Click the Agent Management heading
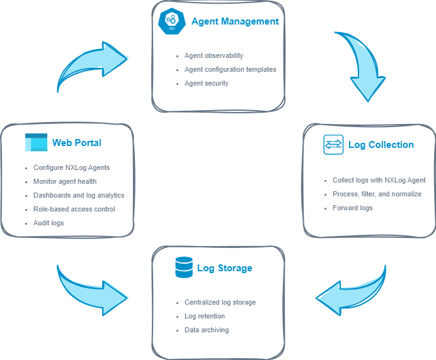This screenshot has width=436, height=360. pyautogui.click(x=234, y=21)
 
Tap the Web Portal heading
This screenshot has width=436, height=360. pyautogui.click(x=76, y=143)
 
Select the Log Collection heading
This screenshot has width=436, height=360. pyautogui.click(x=381, y=145)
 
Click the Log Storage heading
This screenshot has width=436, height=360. pyautogui.click(x=224, y=268)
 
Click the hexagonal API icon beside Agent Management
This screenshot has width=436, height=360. pyautogui.click(x=170, y=21)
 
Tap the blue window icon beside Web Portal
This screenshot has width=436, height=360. pyautogui.click(x=36, y=143)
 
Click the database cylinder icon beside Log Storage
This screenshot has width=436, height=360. pyautogui.click(x=183, y=268)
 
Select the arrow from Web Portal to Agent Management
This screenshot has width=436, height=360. pyautogui.click(x=91, y=64)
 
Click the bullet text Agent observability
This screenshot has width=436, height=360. pyautogui.click(x=214, y=55)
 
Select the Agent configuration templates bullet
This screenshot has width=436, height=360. pyautogui.click(x=230, y=69)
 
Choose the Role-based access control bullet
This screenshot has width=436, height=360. pyautogui.click(x=74, y=209)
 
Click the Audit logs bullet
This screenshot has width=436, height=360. pyautogui.click(x=49, y=223)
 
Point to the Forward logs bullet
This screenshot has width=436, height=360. pyautogui.click(x=352, y=208)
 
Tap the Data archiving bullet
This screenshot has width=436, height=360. pyautogui.click(x=207, y=330)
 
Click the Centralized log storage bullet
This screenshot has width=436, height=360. pyautogui.click(x=220, y=302)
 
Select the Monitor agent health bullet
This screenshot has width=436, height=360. pyautogui.click(x=65, y=181)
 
